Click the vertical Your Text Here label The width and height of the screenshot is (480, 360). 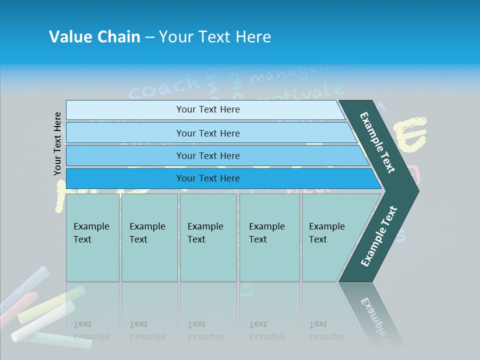[58, 143]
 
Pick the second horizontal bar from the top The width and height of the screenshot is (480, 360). [207, 133]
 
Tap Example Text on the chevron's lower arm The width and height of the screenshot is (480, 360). [379, 236]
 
